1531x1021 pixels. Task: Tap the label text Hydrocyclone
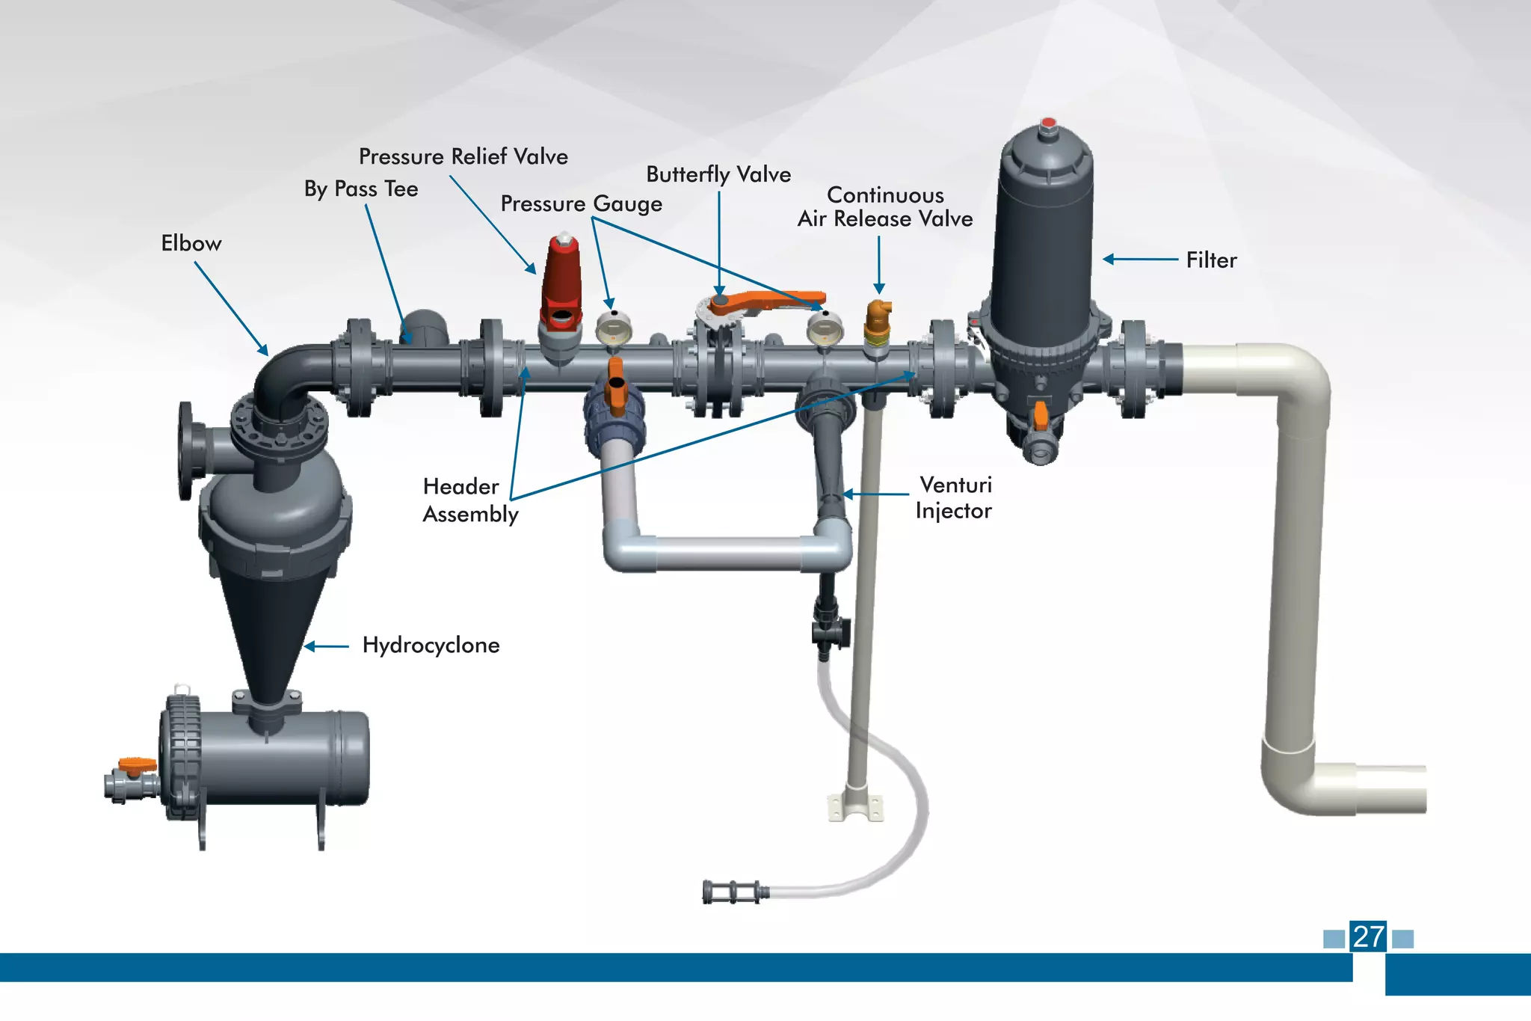tap(431, 646)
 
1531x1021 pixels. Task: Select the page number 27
tap(1368, 936)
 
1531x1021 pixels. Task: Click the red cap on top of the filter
tap(1048, 123)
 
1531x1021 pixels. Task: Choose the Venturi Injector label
tap(954, 497)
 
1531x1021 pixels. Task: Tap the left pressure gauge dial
tap(614, 328)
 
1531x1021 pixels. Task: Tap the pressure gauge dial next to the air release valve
tap(824, 328)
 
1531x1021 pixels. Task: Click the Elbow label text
tap(191, 244)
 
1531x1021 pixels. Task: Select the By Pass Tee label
tap(361, 188)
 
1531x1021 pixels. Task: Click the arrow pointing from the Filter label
tap(1140, 260)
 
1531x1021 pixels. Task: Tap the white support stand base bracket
tap(856, 807)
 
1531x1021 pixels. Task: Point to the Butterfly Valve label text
tap(718, 174)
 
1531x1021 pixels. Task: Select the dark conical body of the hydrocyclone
tap(269, 636)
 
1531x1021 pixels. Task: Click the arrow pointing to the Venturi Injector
tap(875, 494)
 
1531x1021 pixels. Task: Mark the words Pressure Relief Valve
tap(463, 156)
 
